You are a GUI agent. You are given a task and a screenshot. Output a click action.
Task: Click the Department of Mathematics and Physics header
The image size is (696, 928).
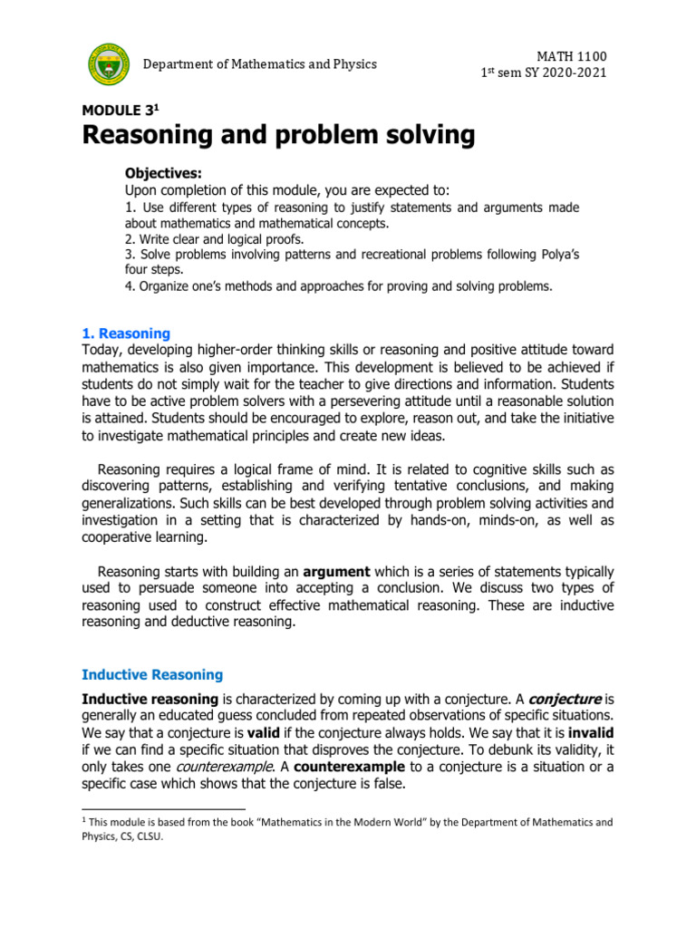tap(260, 64)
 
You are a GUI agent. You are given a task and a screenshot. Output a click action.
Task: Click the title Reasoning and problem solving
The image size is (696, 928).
tap(278, 136)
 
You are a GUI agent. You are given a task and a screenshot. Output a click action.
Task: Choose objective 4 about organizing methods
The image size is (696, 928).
tap(338, 286)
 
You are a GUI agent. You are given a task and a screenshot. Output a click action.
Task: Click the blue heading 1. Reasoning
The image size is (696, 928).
tap(125, 333)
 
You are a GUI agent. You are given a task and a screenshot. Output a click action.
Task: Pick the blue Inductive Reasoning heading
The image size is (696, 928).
tap(152, 674)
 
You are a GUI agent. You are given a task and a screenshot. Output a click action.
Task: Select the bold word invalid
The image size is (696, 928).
tap(591, 733)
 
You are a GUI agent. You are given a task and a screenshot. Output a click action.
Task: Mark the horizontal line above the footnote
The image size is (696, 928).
tap(163, 807)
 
